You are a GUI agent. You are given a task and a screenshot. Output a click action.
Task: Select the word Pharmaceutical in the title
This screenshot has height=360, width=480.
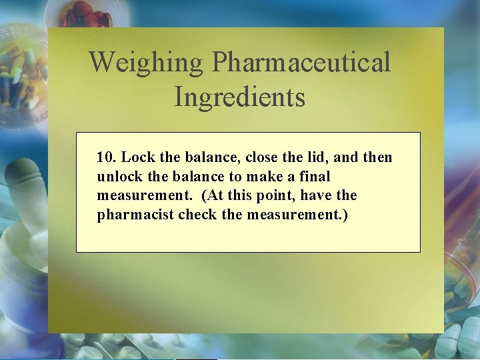301,63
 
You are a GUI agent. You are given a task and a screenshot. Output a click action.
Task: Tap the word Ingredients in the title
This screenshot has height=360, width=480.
239,97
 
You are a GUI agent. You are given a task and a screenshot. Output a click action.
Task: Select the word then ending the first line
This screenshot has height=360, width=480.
377,158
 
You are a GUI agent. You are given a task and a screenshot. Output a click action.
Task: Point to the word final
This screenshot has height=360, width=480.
315,177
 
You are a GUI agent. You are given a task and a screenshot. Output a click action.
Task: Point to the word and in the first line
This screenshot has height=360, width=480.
345,158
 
